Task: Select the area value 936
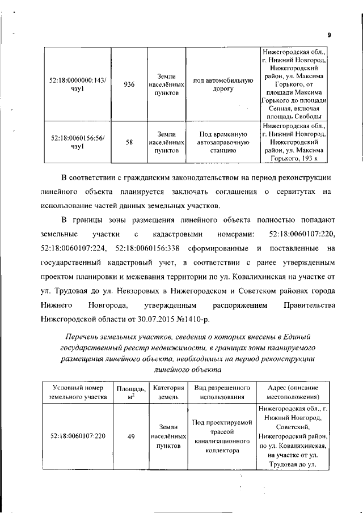[129, 84]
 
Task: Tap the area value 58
[129, 143]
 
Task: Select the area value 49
[130, 436]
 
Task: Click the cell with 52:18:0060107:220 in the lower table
[77, 436]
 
